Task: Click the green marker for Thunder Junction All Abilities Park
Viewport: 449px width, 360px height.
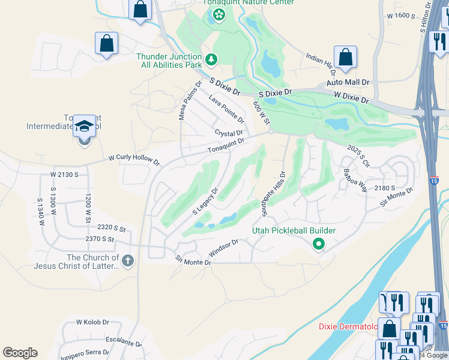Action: click(211, 59)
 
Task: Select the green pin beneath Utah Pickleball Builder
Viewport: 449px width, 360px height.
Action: click(319, 244)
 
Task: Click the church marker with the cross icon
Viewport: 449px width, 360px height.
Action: click(127, 261)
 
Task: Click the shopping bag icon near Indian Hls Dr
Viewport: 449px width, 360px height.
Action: click(346, 58)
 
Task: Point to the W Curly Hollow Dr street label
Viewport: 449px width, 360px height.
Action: click(134, 161)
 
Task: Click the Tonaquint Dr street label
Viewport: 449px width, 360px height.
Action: click(226, 146)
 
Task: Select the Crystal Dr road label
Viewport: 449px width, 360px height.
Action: click(229, 133)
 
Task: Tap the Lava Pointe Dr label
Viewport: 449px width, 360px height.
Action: click(226, 109)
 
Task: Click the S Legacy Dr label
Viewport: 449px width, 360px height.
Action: click(205, 202)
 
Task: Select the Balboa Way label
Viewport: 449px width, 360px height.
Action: click(355, 179)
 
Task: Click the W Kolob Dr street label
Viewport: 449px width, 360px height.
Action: click(92, 322)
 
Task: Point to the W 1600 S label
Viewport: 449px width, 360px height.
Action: click(402, 15)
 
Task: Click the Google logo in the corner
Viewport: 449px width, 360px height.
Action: click(20, 353)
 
